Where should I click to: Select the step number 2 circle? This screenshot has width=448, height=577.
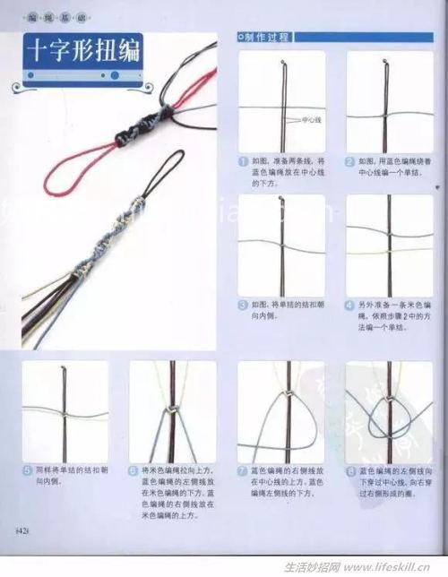(350, 162)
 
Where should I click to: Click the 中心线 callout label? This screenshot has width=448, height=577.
(311, 119)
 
